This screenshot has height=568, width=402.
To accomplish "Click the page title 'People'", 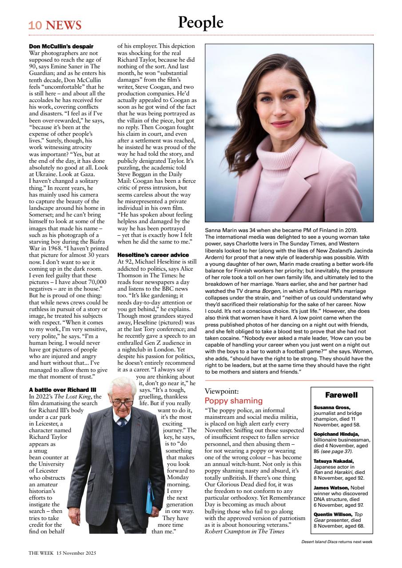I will click(201, 22).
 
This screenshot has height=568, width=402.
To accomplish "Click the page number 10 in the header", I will click(35, 25).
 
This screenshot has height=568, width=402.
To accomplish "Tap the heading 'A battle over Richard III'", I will click(62, 390).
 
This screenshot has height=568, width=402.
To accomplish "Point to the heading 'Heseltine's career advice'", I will click(153, 255).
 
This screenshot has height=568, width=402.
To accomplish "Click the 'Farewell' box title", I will click(341, 394).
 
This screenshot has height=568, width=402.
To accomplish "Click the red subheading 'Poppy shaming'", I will click(231, 401).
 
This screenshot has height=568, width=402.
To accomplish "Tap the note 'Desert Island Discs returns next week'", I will click(337, 541).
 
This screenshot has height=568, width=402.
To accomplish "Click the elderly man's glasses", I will click(122, 403).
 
